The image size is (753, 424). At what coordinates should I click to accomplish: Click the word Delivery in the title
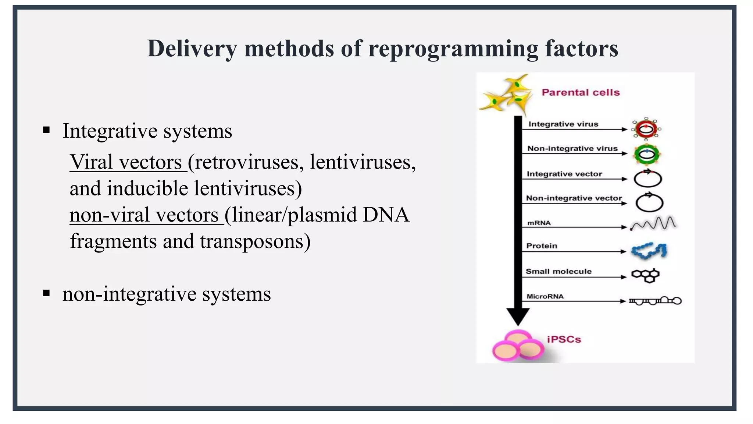coord(192,49)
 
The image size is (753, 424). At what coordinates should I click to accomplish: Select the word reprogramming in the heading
coord(453,49)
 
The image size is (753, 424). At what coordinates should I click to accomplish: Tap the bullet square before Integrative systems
coord(46,130)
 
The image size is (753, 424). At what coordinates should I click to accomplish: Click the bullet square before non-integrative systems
coord(46,293)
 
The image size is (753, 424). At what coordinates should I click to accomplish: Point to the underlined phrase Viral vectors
coord(126,162)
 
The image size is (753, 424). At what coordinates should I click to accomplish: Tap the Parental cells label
coord(581,92)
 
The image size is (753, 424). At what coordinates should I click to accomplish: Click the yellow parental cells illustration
coord(507,95)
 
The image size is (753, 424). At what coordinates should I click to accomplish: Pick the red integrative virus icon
coord(646,129)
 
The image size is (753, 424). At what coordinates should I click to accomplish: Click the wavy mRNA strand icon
coord(653,223)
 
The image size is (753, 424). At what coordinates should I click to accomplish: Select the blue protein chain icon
coord(649,251)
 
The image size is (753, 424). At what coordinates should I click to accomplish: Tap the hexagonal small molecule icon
coord(645,275)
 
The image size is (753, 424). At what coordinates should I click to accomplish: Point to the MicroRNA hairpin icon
coord(655,301)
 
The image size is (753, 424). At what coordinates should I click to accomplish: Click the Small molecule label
coord(558,272)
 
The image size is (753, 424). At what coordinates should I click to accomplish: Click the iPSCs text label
coord(564,339)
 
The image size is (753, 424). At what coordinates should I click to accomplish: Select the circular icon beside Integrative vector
coord(648,179)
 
